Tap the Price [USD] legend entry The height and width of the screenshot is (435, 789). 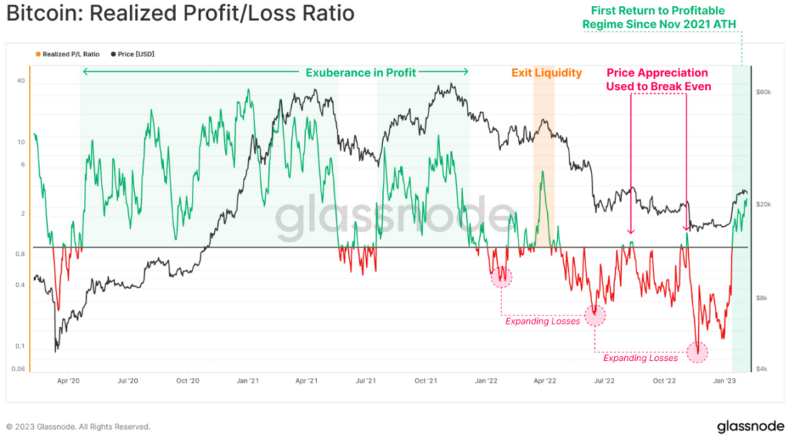136,54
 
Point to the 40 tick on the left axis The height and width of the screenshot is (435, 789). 21,81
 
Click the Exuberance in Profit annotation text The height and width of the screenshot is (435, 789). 361,72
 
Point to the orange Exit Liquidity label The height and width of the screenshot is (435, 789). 546,72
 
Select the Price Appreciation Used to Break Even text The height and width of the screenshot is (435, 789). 658,79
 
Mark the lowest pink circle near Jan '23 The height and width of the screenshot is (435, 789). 697,352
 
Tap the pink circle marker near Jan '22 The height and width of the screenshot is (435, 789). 502,277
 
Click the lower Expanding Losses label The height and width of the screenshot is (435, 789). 640,358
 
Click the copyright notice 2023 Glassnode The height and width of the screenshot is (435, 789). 78,426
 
